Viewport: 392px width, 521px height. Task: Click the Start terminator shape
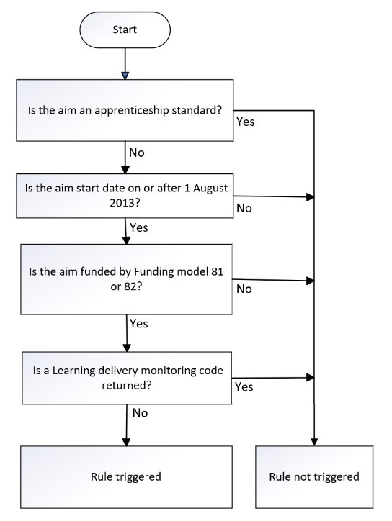[125, 30]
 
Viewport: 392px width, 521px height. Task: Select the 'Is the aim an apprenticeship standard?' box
[125, 110]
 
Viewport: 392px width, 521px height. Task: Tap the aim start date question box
[125, 196]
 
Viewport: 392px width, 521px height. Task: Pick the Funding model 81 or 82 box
[126, 279]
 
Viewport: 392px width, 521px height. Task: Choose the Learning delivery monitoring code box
[127, 378]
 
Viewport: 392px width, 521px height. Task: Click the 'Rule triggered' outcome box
[126, 477]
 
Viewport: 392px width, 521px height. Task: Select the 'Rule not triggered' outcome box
[314, 477]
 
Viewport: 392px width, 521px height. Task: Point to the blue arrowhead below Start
[125, 76]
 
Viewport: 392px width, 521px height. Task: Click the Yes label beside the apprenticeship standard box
[246, 122]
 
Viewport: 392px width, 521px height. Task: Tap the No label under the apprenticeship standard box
[137, 153]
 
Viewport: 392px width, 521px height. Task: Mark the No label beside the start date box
[244, 209]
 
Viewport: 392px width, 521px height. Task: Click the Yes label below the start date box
[139, 227]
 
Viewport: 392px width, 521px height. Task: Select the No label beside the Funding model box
[244, 289]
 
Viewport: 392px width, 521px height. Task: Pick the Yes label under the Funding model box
[139, 324]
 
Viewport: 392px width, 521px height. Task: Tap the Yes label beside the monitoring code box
[244, 386]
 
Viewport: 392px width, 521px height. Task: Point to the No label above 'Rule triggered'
[140, 413]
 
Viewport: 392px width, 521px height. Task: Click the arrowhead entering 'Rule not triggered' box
[314, 442]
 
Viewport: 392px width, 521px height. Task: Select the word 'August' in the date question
[210, 189]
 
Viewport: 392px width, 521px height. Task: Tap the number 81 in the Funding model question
[218, 272]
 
